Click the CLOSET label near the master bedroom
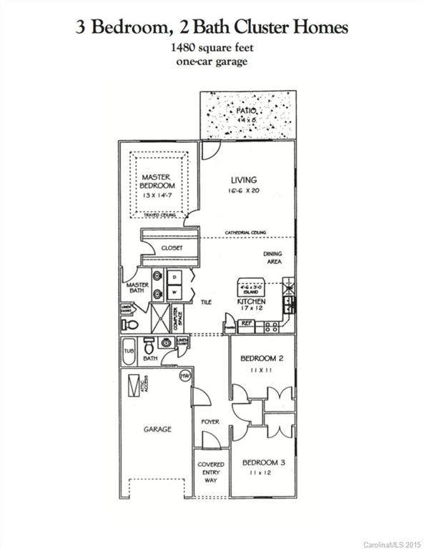(172, 247)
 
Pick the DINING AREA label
(272, 258)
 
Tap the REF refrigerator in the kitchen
(245, 324)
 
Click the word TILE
(205, 302)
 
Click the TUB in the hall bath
(129, 352)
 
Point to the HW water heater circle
(185, 376)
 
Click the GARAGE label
(157, 430)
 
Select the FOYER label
(210, 422)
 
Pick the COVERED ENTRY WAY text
(210, 472)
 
